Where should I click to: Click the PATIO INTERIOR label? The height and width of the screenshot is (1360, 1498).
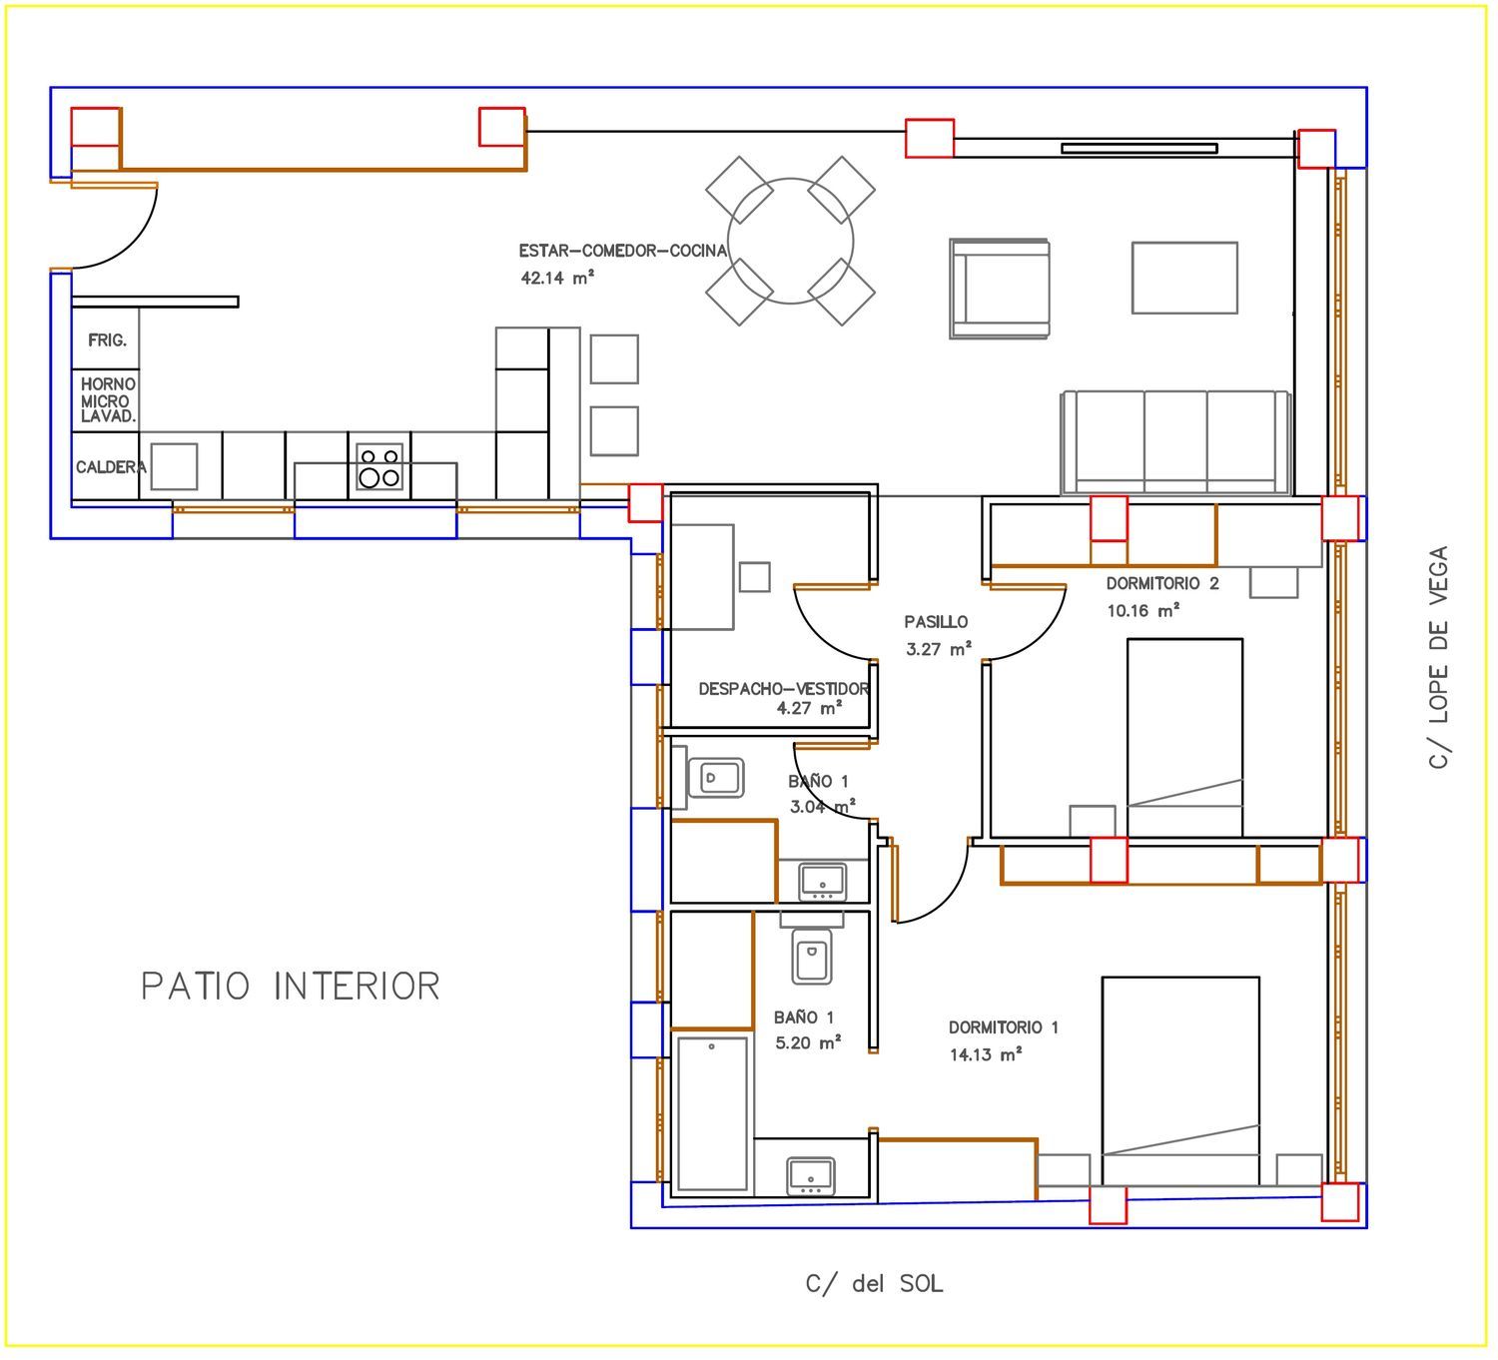tap(291, 986)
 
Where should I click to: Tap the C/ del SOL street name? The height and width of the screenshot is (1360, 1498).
tap(874, 1284)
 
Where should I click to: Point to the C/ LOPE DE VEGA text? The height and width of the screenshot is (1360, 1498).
tap(1438, 657)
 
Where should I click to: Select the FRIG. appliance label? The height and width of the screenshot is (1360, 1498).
tap(108, 340)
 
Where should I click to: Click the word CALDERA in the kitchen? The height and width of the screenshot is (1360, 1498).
tap(111, 466)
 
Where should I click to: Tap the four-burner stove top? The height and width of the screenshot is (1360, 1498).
tap(379, 466)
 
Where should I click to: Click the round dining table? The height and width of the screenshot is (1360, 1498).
tap(791, 241)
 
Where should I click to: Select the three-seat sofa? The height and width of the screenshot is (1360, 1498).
tap(1176, 442)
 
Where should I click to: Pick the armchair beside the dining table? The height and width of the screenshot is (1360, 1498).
tap(1000, 289)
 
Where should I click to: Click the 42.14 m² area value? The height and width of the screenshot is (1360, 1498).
tap(557, 278)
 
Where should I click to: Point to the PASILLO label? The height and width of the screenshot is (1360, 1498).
tap(936, 621)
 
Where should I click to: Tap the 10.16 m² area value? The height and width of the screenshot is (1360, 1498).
tap(1143, 610)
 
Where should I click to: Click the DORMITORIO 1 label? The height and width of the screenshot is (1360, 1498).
tap(1004, 1026)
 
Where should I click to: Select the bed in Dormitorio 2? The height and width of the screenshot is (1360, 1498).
tap(1185, 737)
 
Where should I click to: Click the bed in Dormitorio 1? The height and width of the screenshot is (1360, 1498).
tap(1180, 1080)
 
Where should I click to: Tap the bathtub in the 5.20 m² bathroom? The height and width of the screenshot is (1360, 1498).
tap(712, 1112)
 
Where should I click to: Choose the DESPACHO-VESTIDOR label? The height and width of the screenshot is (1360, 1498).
tap(784, 689)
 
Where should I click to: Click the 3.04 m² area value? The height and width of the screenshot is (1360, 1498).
tap(822, 807)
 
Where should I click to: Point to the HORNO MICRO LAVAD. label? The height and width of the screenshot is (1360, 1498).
tap(108, 400)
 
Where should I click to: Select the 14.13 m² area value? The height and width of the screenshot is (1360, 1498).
tap(986, 1054)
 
